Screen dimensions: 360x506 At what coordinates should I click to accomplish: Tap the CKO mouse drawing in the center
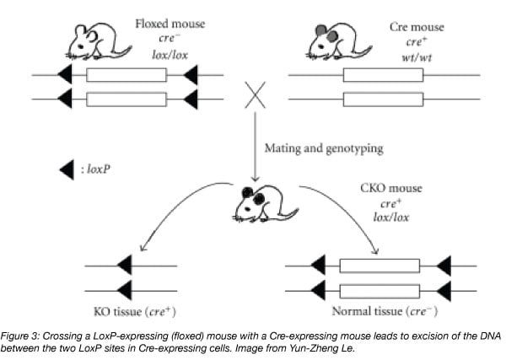coord(256,205)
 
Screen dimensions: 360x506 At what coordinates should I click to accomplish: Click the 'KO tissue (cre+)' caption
coord(131,309)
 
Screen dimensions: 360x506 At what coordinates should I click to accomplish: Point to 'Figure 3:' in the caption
coord(19,336)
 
